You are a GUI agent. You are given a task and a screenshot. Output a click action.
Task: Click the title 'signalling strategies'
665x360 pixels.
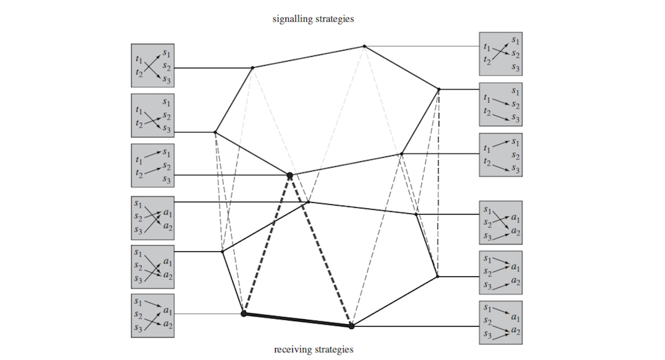point(313,19)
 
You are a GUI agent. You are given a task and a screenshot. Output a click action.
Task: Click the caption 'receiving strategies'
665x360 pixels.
point(313,349)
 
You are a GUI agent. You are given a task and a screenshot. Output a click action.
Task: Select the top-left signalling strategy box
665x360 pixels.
point(152,65)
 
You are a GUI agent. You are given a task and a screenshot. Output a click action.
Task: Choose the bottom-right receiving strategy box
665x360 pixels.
point(502,323)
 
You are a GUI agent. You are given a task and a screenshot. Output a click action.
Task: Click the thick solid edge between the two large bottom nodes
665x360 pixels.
point(298,319)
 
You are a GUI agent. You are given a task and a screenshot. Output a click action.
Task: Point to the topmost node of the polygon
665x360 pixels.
point(364,46)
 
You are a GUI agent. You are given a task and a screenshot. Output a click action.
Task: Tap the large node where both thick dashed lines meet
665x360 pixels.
point(290,176)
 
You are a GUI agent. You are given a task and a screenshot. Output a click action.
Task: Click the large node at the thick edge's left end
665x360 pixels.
point(244,314)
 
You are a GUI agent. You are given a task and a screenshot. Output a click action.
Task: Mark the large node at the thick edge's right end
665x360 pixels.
point(351,325)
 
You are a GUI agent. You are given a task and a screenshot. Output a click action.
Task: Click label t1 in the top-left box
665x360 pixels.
point(141,60)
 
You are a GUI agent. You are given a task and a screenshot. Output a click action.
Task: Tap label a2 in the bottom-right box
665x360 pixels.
point(515,331)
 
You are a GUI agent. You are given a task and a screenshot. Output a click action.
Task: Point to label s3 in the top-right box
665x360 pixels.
point(515,67)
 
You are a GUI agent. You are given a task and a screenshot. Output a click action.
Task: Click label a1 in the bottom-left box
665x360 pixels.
point(166,313)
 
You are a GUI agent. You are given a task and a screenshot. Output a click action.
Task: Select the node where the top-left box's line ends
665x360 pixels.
point(252,68)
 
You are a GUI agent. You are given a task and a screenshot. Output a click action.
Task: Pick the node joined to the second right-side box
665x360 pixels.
point(438,89)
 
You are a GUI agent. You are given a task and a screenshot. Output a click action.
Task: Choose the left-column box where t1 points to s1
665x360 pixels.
point(152,164)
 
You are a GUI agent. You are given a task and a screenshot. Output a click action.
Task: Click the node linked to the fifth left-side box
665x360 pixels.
point(222,251)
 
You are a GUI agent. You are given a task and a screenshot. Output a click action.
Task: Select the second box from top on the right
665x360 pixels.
point(502,104)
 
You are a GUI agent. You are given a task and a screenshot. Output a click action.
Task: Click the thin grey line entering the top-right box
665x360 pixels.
point(423,47)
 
